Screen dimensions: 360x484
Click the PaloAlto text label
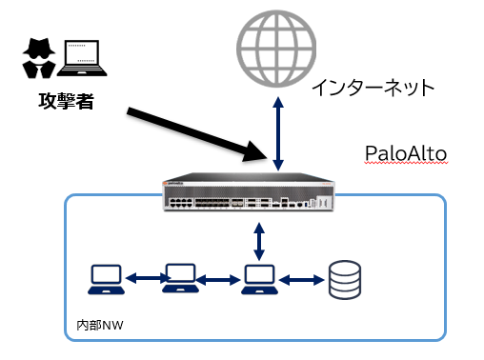click(x=405, y=153)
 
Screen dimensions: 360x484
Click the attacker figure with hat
click(x=38, y=59)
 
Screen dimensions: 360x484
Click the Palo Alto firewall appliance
click(x=247, y=194)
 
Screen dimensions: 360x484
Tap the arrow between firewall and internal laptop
click(x=259, y=238)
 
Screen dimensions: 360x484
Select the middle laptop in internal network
click(x=180, y=278)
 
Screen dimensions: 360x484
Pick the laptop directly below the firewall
click(x=258, y=278)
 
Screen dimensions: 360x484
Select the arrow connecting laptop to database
click(x=301, y=280)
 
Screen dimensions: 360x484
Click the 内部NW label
click(x=99, y=326)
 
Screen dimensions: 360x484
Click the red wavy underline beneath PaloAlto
click(x=405, y=165)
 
